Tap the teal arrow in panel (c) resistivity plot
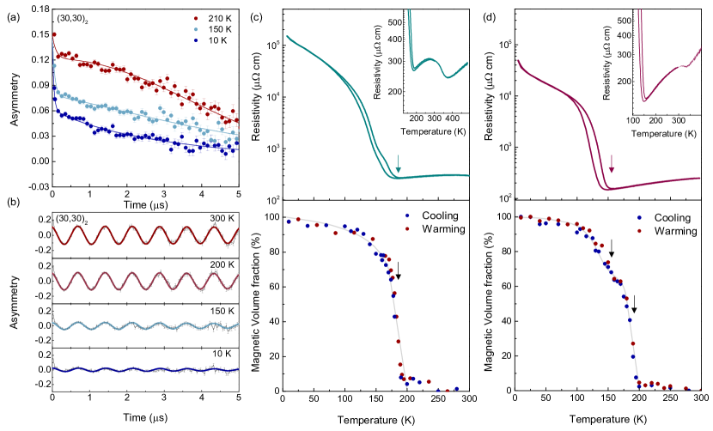[399, 163]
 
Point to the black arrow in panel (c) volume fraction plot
[399, 269]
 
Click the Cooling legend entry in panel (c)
[433, 217]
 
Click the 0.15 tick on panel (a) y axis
[36, 34]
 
